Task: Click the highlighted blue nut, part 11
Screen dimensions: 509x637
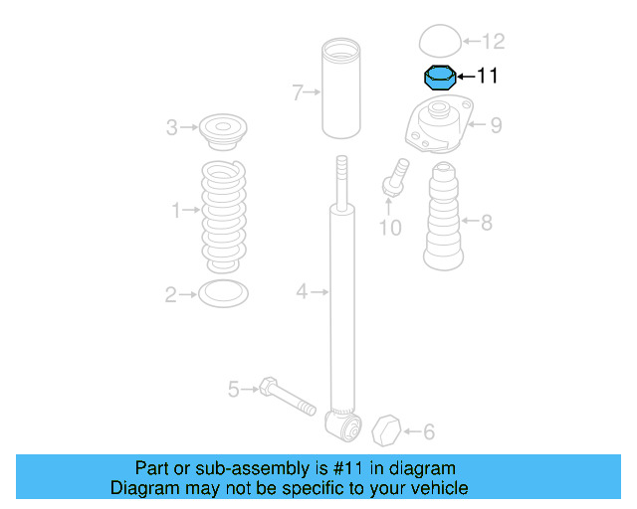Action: pyautogui.click(x=439, y=77)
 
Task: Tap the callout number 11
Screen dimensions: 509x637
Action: pyautogui.click(x=488, y=76)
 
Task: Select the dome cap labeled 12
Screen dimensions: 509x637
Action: pyautogui.click(x=439, y=42)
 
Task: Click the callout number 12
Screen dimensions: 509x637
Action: pyautogui.click(x=493, y=41)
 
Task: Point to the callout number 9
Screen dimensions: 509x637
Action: pyautogui.click(x=495, y=125)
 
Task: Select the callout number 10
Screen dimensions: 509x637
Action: pyautogui.click(x=390, y=228)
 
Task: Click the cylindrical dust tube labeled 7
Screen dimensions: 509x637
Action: pyautogui.click(x=340, y=89)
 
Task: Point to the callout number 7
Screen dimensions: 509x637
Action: pyautogui.click(x=297, y=92)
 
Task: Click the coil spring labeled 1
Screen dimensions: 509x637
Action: pyautogui.click(x=224, y=215)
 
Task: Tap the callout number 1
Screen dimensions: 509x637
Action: pyautogui.click(x=176, y=211)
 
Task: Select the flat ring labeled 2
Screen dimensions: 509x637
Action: pyautogui.click(x=223, y=293)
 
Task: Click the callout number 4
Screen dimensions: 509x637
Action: pyautogui.click(x=302, y=291)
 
